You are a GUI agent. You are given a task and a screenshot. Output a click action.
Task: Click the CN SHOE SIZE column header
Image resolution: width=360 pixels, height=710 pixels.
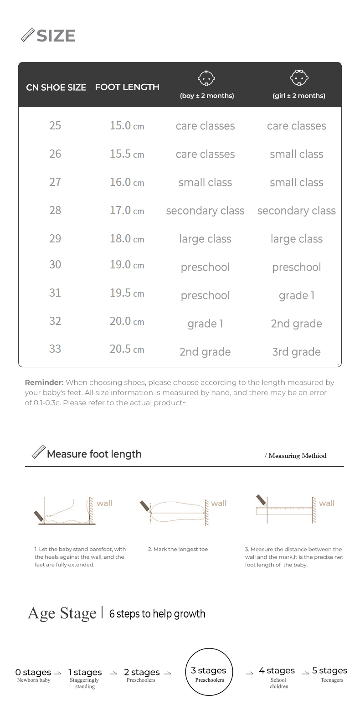pyautogui.click(x=56, y=87)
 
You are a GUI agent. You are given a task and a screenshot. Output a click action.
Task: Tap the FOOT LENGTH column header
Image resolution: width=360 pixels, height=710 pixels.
pyautogui.click(x=127, y=87)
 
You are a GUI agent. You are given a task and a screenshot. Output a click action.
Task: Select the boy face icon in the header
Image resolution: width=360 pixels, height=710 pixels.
pyautogui.click(x=206, y=78)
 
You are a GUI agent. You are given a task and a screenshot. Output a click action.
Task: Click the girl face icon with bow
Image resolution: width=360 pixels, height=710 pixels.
pyautogui.click(x=299, y=77)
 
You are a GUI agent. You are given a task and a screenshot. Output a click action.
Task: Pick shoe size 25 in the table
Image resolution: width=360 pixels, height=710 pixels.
pyautogui.click(x=55, y=125)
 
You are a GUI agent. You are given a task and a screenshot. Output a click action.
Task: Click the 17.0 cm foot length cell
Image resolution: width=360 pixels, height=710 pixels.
pyautogui.click(x=127, y=211)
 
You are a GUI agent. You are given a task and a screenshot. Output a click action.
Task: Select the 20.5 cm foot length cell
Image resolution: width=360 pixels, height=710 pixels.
pyautogui.click(x=127, y=349)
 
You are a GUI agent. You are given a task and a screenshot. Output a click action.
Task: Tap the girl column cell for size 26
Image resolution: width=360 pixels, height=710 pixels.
pyautogui.click(x=297, y=154)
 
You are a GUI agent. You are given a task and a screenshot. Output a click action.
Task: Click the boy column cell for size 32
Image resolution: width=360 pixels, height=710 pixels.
pyautogui.click(x=205, y=324)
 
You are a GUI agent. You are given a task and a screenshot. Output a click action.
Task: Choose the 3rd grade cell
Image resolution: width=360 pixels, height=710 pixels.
pyautogui.click(x=297, y=352)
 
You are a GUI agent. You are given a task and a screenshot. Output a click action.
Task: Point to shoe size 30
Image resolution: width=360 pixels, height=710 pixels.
pyautogui.click(x=55, y=264)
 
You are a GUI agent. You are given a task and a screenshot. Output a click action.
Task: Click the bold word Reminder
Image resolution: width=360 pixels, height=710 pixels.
pyautogui.click(x=44, y=382)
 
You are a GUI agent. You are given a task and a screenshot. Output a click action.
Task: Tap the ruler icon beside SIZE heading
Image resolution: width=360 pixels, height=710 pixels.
pyautogui.click(x=28, y=35)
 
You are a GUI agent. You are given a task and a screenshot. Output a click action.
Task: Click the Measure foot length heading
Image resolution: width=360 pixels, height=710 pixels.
pyautogui.click(x=94, y=454)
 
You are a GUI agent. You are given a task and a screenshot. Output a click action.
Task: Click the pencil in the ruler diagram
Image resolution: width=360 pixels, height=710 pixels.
pyautogui.click(x=261, y=500)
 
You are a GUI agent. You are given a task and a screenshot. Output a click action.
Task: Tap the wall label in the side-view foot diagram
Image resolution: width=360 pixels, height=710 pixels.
pyautogui.click(x=104, y=503)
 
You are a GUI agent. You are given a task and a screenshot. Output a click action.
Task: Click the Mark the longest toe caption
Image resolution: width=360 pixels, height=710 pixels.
pyautogui.click(x=178, y=549)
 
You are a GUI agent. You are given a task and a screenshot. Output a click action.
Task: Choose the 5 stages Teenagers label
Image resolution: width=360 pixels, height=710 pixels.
pyautogui.click(x=330, y=674)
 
